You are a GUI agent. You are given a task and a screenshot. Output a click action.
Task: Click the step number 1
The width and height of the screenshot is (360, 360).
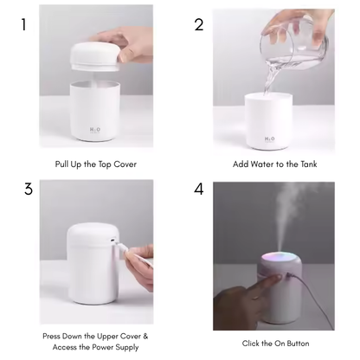pyautogui.click(x=23, y=24)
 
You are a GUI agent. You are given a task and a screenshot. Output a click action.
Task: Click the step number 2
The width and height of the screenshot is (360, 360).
pyautogui.click(x=199, y=25)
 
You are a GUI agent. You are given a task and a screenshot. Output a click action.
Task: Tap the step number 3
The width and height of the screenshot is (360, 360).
pyautogui.click(x=29, y=190)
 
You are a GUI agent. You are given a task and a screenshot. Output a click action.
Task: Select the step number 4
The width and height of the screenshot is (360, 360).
pyautogui.click(x=199, y=190)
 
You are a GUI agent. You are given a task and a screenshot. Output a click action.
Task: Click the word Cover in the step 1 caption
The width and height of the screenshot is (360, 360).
pyautogui.click(x=125, y=164)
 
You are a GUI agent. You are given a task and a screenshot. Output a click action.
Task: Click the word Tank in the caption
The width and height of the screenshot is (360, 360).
pyautogui.click(x=309, y=164)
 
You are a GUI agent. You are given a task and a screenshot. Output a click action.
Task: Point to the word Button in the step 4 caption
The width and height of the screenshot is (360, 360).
pyautogui.click(x=298, y=344)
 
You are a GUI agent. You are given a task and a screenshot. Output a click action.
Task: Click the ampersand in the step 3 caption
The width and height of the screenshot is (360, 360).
pyautogui.click(x=145, y=336)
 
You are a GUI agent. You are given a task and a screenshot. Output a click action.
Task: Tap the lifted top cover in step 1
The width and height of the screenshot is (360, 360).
pyautogui.click(x=95, y=57)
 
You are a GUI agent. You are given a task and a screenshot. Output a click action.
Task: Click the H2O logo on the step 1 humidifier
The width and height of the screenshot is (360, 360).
pyautogui.click(x=95, y=131)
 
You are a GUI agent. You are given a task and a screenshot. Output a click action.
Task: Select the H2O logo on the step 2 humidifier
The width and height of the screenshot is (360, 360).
pyautogui.click(x=270, y=139)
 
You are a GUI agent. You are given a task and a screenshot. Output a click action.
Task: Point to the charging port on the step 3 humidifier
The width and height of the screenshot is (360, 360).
pyautogui.click(x=112, y=240)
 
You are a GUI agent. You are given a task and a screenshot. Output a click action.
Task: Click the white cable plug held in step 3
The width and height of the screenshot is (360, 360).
pyautogui.click(x=122, y=247)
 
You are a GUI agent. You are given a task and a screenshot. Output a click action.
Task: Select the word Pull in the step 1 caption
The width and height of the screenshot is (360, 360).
pyautogui.click(x=61, y=164)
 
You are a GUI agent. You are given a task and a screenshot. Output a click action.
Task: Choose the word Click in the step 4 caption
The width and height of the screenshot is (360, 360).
pyautogui.click(x=251, y=344)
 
